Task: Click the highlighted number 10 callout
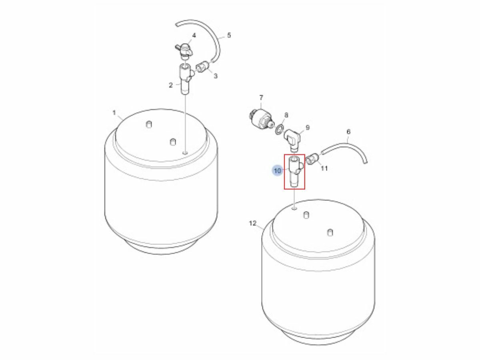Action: pos(277,171)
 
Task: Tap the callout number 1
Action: pos(114,113)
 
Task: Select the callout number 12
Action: pos(252,223)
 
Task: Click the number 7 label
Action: pos(261,98)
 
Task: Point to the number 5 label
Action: pos(229,35)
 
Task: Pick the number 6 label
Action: pos(348,132)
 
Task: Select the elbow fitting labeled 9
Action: pos(292,139)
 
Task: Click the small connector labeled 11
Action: pos(312,159)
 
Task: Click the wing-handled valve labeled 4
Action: pos(184,51)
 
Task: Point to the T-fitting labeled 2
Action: pos(186,79)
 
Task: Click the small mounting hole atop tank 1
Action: pos(185,153)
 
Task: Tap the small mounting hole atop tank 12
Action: pos(294,208)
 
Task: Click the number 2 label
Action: pos(171,85)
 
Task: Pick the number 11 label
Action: pos(324,168)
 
